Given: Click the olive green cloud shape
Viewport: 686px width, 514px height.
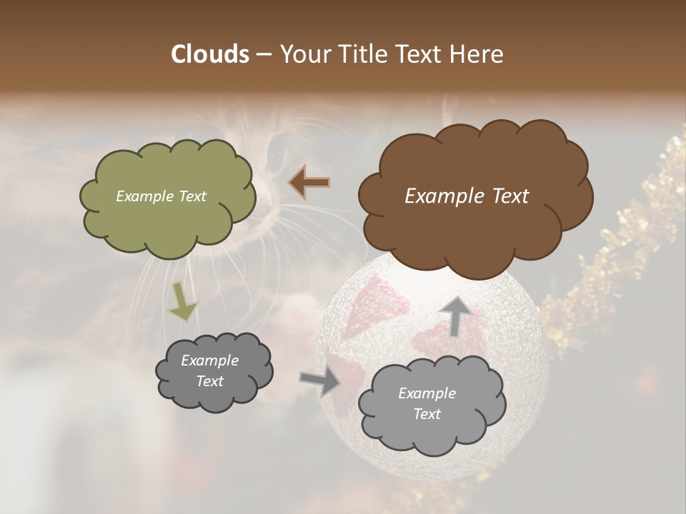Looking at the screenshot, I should coord(167,197).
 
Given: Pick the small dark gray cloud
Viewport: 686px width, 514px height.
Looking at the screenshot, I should coord(214,371).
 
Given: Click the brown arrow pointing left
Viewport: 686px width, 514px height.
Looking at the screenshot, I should coord(309,183).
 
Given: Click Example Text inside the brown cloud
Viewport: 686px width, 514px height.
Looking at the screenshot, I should coord(467,196).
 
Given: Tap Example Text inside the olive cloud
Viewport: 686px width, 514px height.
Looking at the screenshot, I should coord(161,196).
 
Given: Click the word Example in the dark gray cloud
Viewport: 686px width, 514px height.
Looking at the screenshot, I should coord(209,361).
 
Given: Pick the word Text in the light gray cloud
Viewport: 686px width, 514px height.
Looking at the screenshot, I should coord(427,414).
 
